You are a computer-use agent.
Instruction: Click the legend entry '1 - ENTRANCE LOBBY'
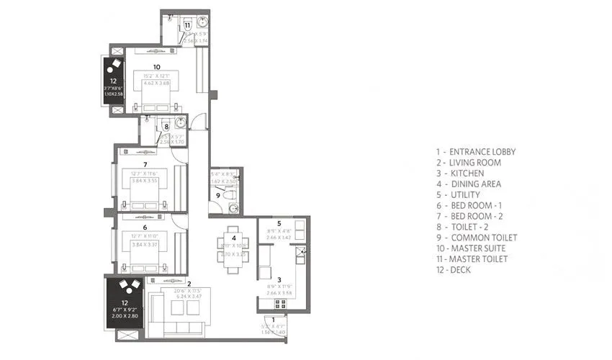click(475, 152)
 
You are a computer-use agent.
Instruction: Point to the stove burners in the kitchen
click(280, 304)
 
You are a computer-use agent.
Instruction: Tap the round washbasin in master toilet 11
click(202, 22)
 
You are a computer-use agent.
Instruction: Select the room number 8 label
click(166, 127)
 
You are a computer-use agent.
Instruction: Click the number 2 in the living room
click(189, 284)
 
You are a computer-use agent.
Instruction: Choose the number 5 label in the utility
click(279, 223)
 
